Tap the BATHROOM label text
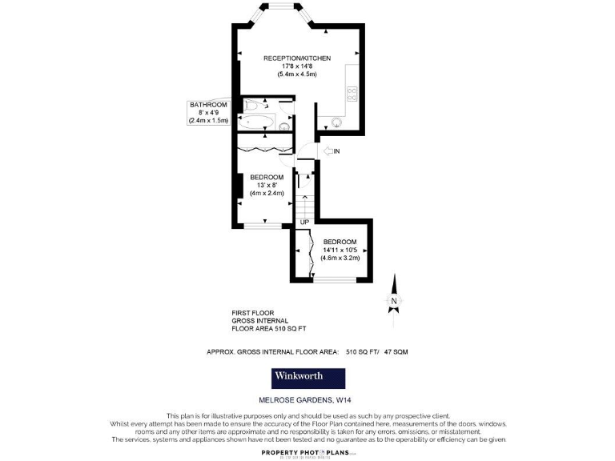click(x=208, y=105)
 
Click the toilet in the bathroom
click(x=254, y=105)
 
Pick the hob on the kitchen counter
click(x=351, y=95)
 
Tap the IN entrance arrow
click(x=329, y=150)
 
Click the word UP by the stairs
click(x=304, y=222)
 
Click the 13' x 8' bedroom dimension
click(x=267, y=185)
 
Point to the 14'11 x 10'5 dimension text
click(x=340, y=250)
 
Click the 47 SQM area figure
click(x=400, y=351)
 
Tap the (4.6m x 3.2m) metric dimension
click(x=340, y=258)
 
